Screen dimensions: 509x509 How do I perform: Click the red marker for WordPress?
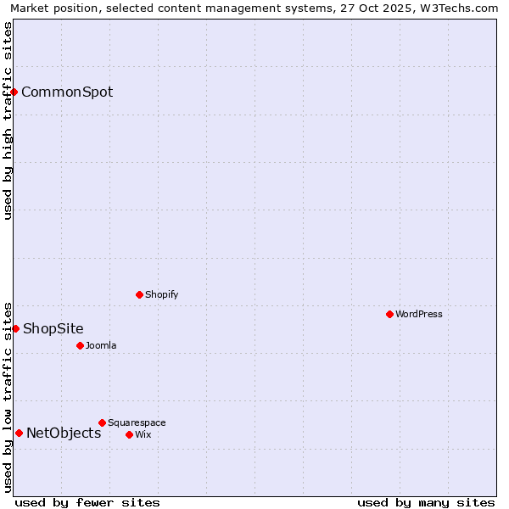pyautogui.click(x=389, y=314)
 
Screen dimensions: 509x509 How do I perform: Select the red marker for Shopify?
pyautogui.click(x=140, y=294)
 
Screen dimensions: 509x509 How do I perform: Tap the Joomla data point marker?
pyautogui.click(x=80, y=345)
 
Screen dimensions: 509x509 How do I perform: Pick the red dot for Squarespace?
pyautogui.click(x=102, y=422)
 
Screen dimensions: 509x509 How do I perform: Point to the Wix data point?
pyautogui.click(x=129, y=434)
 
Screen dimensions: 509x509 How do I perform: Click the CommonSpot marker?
pyautogui.click(x=14, y=92)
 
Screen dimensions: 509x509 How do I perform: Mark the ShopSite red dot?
pyautogui.click(x=15, y=328)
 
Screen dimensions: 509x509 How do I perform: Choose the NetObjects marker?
pyautogui.click(x=19, y=433)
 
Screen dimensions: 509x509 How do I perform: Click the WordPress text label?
pyautogui.click(x=419, y=314)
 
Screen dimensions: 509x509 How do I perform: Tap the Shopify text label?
pyautogui.click(x=161, y=294)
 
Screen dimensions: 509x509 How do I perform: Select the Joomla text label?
pyautogui.click(x=101, y=345)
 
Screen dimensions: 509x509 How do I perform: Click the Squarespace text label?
pyautogui.click(x=137, y=422)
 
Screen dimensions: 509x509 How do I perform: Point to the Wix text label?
pyautogui.click(x=143, y=434)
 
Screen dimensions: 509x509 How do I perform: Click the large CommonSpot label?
pyautogui.click(x=67, y=92)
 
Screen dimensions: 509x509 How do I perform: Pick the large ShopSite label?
pyautogui.click(x=53, y=328)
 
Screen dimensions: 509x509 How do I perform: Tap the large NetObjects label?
pyautogui.click(x=64, y=433)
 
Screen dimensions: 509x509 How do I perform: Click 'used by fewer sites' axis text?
pyautogui.click(x=87, y=502)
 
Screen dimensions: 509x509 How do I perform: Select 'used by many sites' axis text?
pyautogui.click(x=426, y=502)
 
